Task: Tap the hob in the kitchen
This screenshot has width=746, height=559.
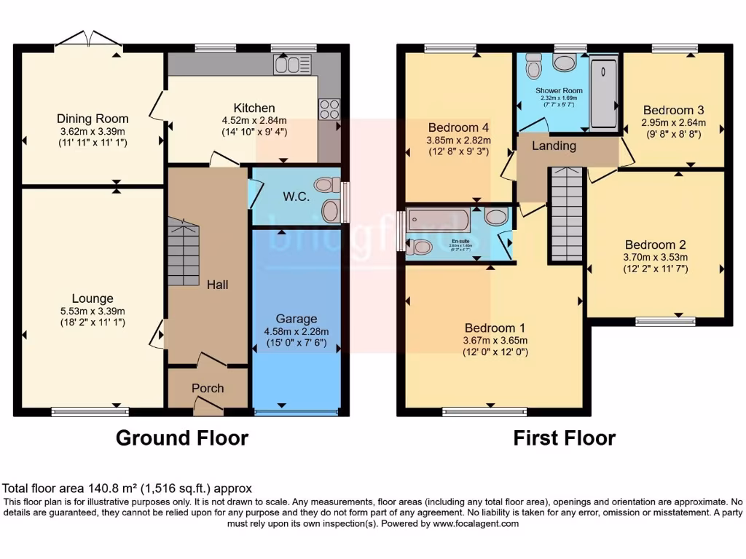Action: click(x=329, y=108)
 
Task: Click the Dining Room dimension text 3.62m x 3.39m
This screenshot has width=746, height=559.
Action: click(x=93, y=132)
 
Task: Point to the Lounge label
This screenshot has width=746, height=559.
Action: click(x=93, y=298)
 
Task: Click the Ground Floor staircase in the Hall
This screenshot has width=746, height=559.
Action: click(x=184, y=255)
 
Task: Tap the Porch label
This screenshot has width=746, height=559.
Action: click(x=208, y=388)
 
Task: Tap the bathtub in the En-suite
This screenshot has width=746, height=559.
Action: click(x=438, y=219)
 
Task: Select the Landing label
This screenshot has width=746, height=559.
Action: click(x=554, y=146)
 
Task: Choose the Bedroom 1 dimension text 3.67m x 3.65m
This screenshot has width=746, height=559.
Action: click(x=495, y=340)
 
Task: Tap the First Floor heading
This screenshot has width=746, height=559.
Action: click(x=564, y=438)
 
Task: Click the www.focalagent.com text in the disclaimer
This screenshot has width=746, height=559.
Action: click(x=475, y=523)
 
